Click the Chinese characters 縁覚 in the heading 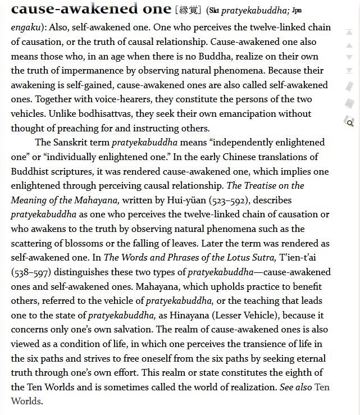click(190, 10)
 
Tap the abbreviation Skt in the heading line click(214, 11)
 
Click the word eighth click(294, 373)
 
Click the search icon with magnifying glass click(349, 122)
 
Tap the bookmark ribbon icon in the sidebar click(349, 86)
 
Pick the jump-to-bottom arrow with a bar click(349, 70)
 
